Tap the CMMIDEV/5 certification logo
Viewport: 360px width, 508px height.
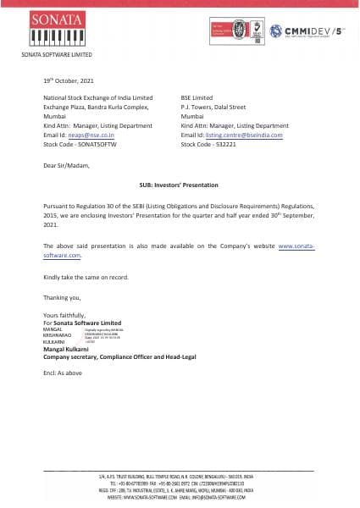coord(308,32)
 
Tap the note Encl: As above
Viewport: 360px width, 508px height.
coord(64,373)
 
